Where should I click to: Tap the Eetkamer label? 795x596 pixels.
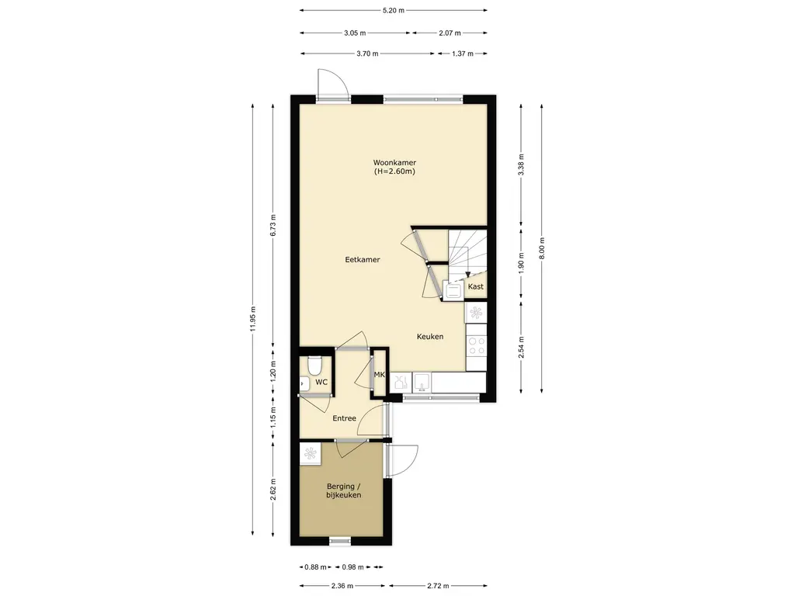coord(363,259)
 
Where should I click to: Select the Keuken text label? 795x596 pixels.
coord(430,337)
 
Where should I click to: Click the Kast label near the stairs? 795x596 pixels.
coord(476,286)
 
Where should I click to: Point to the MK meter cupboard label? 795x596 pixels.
coord(379,375)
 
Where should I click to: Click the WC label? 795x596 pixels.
coord(321,382)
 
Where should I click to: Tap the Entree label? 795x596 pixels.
coord(344,418)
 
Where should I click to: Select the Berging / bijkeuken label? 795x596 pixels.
coord(344,490)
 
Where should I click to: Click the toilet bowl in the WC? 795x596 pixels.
coord(315,364)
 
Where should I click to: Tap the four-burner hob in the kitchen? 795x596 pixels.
coord(476,345)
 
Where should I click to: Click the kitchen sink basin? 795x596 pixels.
coord(422,382)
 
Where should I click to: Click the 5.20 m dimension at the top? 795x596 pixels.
coord(393,10)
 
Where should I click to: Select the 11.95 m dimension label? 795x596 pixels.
coord(252,320)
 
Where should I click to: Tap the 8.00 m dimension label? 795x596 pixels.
coord(541,248)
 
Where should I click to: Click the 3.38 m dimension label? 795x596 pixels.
coord(521,165)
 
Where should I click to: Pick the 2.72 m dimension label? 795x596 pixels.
coord(438,586)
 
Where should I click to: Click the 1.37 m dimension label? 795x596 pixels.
coord(463,54)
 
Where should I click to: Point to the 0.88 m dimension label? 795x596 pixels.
coord(316,567)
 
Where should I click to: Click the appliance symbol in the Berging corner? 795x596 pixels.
coord(310,452)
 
